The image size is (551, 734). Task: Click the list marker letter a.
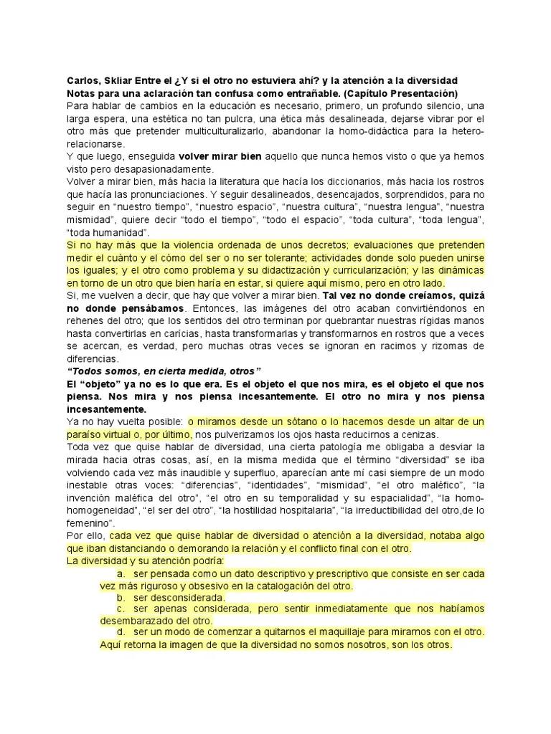[121, 573]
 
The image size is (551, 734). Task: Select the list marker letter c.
[121, 609]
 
